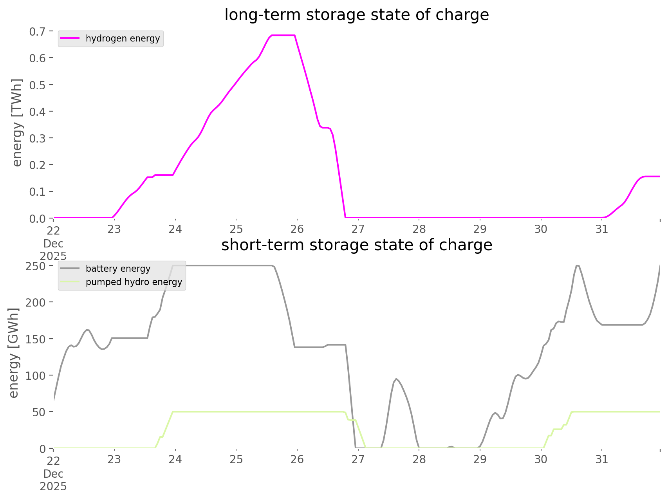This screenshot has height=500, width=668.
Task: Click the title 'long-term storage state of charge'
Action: (x=356, y=15)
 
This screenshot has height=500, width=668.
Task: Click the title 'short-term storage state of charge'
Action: (x=356, y=245)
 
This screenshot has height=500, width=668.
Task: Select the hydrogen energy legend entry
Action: (x=123, y=38)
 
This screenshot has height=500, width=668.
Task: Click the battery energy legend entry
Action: (x=118, y=269)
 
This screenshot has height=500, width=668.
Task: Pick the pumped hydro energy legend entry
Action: (x=134, y=282)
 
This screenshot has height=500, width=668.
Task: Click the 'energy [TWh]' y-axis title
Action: (x=17, y=123)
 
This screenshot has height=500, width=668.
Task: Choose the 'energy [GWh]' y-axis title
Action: (x=14, y=353)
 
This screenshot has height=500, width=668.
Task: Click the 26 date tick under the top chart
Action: (x=297, y=229)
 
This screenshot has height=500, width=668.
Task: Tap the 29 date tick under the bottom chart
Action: (x=480, y=459)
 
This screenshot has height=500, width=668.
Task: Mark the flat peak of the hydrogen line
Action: (x=283, y=36)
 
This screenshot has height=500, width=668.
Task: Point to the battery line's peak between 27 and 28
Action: (x=396, y=379)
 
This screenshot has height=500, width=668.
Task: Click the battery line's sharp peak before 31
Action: (x=577, y=266)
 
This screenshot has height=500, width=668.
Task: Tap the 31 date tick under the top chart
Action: (x=602, y=229)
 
